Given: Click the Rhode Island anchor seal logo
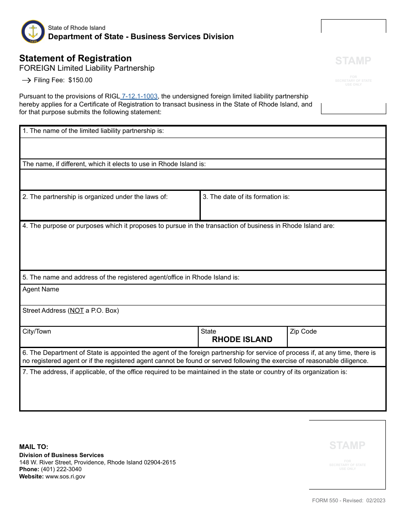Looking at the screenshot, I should coord(33,32).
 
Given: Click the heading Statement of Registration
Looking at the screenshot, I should coord(75,58).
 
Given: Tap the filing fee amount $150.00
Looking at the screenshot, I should coord(80,80).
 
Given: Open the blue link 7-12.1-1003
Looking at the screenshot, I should coord(139,96).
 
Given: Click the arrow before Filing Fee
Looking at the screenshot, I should coord(26,80).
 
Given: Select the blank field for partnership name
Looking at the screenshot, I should coord(202,148).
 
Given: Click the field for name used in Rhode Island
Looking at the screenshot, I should coord(202,179).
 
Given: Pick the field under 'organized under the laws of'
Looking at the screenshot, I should coord(110,210).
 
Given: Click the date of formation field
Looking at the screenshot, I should coord(293,210).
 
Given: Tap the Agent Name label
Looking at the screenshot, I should coord(41,289).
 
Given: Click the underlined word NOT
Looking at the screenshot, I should coord(77,311).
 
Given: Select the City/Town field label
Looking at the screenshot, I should coord(37,331).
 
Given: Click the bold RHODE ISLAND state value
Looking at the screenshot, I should coord(242,340).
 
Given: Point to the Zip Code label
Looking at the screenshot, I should coord(303,331).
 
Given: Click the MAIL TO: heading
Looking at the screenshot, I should coord(34,447).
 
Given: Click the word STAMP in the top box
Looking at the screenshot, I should coord(353,60).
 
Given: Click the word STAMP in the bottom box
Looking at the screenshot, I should coord(347,446).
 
